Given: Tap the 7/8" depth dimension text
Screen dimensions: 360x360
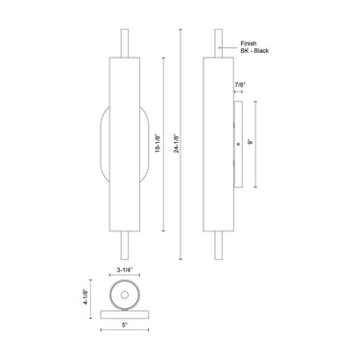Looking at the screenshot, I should [238, 86].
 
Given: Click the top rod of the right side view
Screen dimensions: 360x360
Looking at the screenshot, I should [217, 44].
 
